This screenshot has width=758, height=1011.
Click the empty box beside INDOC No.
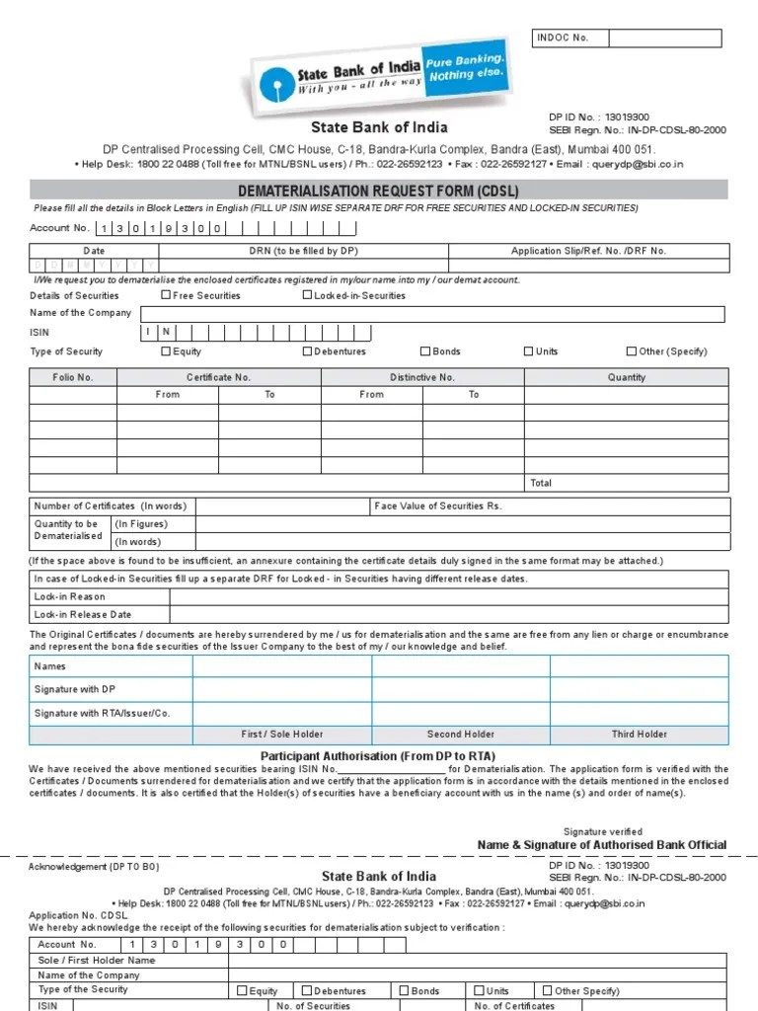pyautogui.click(x=664, y=39)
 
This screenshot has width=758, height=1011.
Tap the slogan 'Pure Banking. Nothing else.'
pyautogui.click(x=465, y=68)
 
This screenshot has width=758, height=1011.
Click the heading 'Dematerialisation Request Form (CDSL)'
pyautogui.click(x=379, y=190)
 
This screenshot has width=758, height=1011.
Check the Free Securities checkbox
pyautogui.click(x=165, y=295)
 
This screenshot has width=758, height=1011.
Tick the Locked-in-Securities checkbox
pyautogui.click(x=307, y=295)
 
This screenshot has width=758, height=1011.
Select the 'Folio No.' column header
pyautogui.click(x=73, y=377)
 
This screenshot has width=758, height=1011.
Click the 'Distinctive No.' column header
pyautogui.click(x=421, y=377)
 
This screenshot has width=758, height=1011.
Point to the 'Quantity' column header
pyautogui.click(x=627, y=377)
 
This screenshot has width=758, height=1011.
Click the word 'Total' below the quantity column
pyautogui.click(x=541, y=483)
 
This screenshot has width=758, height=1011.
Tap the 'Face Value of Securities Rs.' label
pyautogui.click(x=438, y=505)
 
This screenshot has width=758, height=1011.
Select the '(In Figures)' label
pyautogui.click(x=141, y=524)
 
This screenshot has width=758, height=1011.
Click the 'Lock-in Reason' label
pyautogui.click(x=70, y=596)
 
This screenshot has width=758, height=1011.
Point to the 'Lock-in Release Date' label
pyautogui.click(x=83, y=614)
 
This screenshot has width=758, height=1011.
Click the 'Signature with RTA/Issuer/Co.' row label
pyautogui.click(x=103, y=712)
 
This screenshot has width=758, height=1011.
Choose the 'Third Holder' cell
pyautogui.click(x=639, y=735)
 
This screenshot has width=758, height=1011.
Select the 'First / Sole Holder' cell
pyautogui.click(x=281, y=735)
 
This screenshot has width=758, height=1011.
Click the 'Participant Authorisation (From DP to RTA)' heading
pyautogui.click(x=378, y=755)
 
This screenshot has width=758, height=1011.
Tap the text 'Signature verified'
pyautogui.click(x=602, y=831)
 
